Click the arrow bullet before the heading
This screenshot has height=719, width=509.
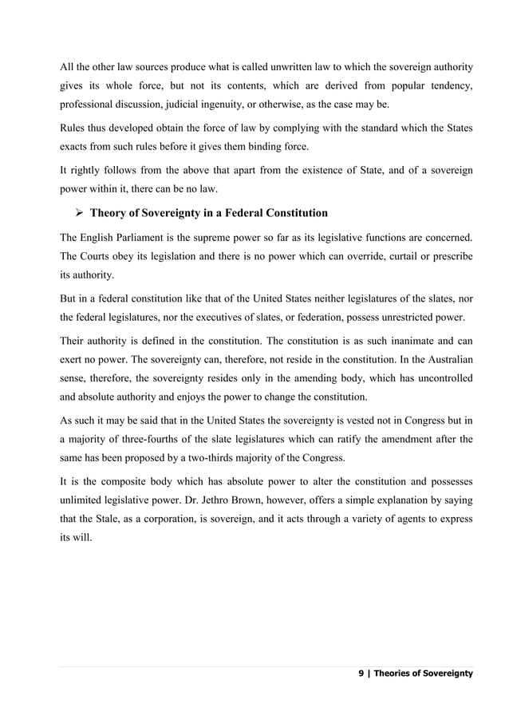pos(79,213)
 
